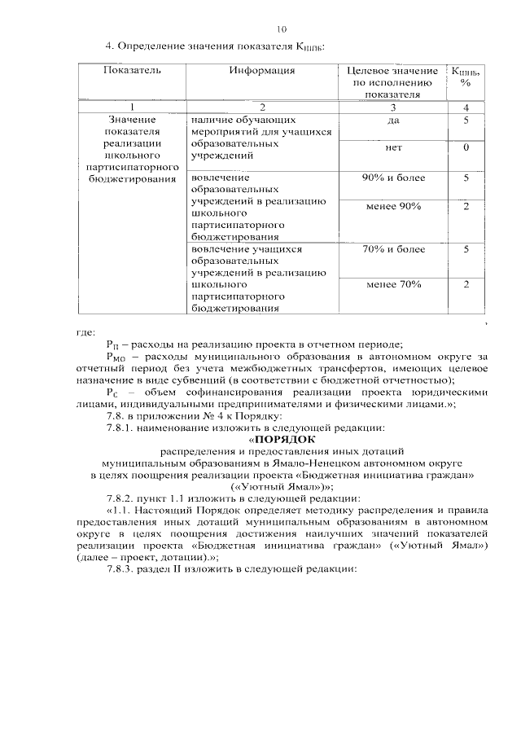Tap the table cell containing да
pyautogui.click(x=393, y=121)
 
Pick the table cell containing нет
pyautogui.click(x=393, y=148)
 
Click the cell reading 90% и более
pyautogui.click(x=393, y=178)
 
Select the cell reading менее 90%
pyautogui.click(x=393, y=206)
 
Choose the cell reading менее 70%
pyautogui.click(x=393, y=284)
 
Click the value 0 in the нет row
pyautogui.click(x=466, y=148)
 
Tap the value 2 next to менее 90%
pyautogui.click(x=466, y=206)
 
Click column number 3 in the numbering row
pyautogui.click(x=393, y=107)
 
